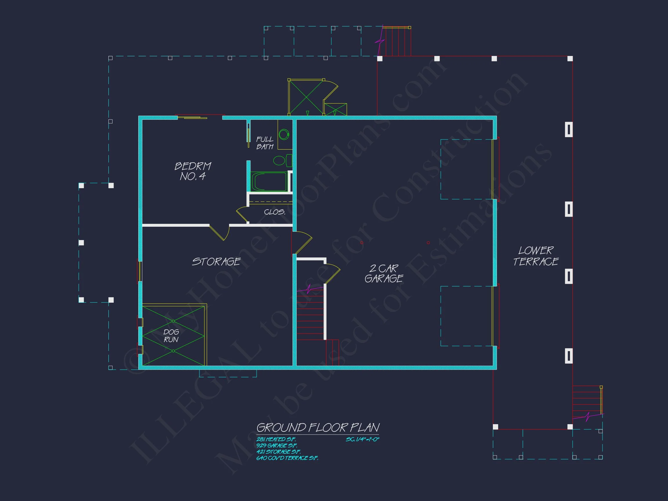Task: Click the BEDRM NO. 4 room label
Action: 193,171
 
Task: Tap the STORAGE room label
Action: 216,262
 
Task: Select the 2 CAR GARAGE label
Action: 384,274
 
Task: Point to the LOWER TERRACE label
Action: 536,256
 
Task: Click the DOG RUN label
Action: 171,336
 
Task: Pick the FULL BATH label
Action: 264,143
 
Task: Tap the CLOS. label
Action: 275,212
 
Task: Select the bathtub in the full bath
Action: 268,181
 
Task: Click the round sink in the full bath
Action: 284,135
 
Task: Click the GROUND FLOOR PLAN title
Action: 318,428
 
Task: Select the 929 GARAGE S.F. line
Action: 277,445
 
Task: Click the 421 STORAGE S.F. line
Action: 278,452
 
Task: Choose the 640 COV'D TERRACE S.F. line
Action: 287,458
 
